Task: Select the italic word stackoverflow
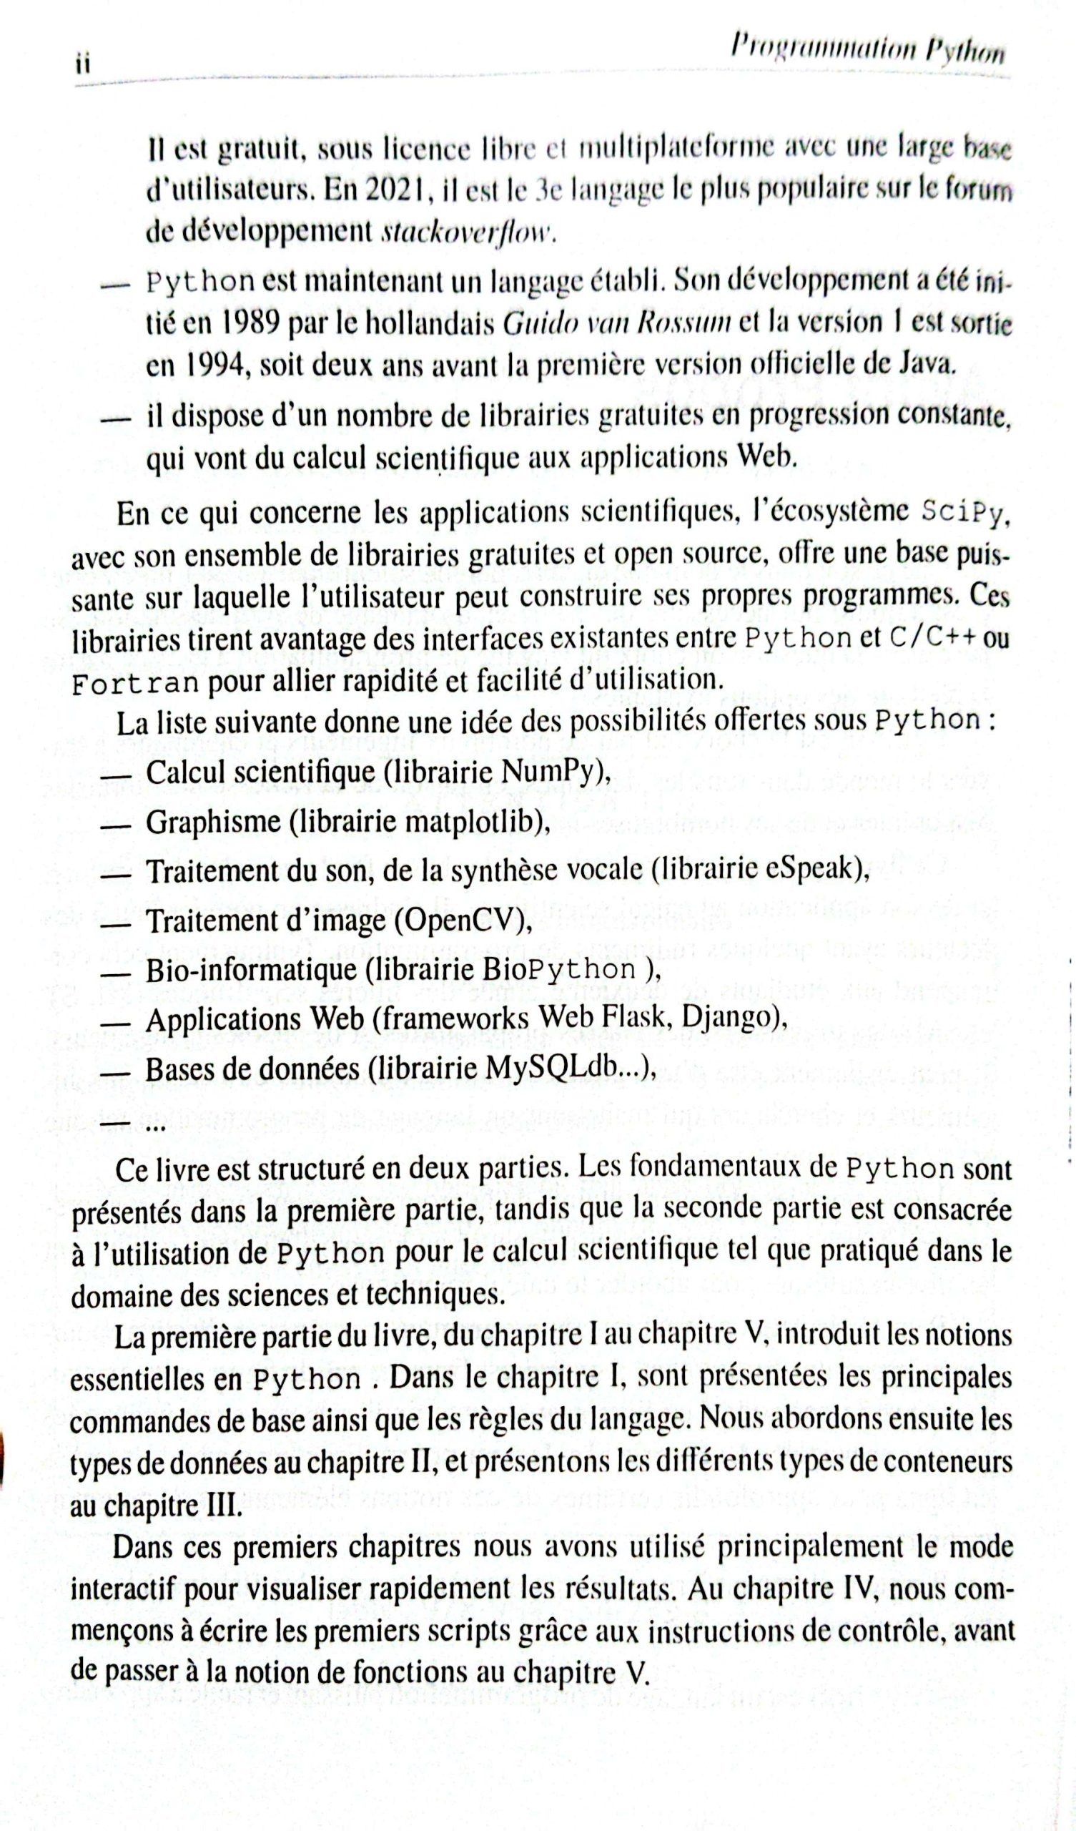pyautogui.click(x=468, y=233)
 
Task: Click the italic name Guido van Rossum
pyautogui.click(x=617, y=323)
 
